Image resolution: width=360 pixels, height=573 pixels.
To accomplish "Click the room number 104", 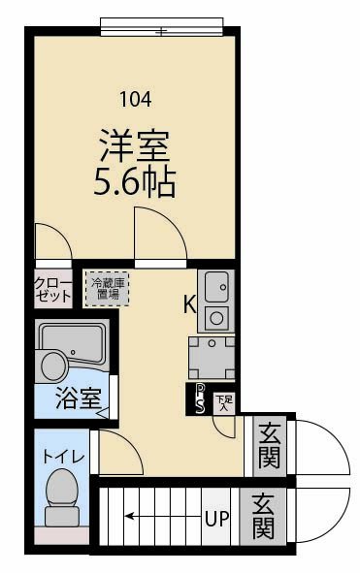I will pos(135,97).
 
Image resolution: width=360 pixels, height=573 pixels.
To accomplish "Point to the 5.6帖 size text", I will pos(135,180).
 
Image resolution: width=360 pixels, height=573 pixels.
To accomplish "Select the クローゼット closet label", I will pos(52,290).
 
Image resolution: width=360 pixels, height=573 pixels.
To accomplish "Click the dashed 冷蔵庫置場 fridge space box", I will pos(106,288).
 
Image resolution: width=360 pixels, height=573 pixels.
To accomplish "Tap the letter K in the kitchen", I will pos(190,304).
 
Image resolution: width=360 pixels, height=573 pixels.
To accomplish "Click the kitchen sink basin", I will pos(216,286).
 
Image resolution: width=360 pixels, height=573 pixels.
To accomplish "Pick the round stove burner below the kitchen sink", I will pos(216,316).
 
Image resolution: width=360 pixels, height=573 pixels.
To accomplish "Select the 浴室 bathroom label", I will pos(77,398).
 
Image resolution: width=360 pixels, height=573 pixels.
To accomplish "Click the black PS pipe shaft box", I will pos(199,398).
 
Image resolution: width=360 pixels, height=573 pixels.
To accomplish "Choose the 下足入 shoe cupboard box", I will pos(223,399).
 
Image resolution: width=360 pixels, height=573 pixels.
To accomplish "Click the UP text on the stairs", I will pos(216,518).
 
